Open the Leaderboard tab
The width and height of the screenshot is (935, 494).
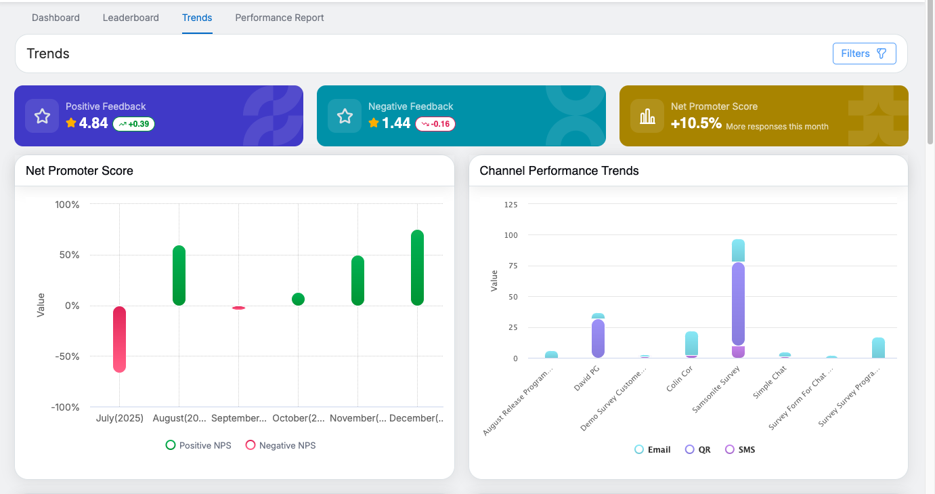pos(131,18)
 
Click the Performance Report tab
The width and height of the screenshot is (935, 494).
pos(280,18)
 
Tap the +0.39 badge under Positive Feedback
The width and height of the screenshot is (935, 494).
pos(133,124)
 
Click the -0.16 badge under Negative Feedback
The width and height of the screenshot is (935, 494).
pos(435,124)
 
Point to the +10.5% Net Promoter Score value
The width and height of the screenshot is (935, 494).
pos(696,123)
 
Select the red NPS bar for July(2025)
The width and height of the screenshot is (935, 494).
pos(119,339)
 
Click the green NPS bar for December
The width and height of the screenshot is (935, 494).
pos(417,268)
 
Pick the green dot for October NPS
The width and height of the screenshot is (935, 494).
pos(298,299)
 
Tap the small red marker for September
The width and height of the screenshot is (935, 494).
pos(238,308)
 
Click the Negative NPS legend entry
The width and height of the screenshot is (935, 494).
pos(280,445)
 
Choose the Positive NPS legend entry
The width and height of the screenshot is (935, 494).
pos(198,445)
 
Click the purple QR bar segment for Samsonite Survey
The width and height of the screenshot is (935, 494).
pos(738,304)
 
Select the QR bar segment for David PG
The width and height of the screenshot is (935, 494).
pos(598,338)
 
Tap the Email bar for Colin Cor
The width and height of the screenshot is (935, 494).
pos(691,343)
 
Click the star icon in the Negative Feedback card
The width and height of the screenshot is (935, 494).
pos(345,116)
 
